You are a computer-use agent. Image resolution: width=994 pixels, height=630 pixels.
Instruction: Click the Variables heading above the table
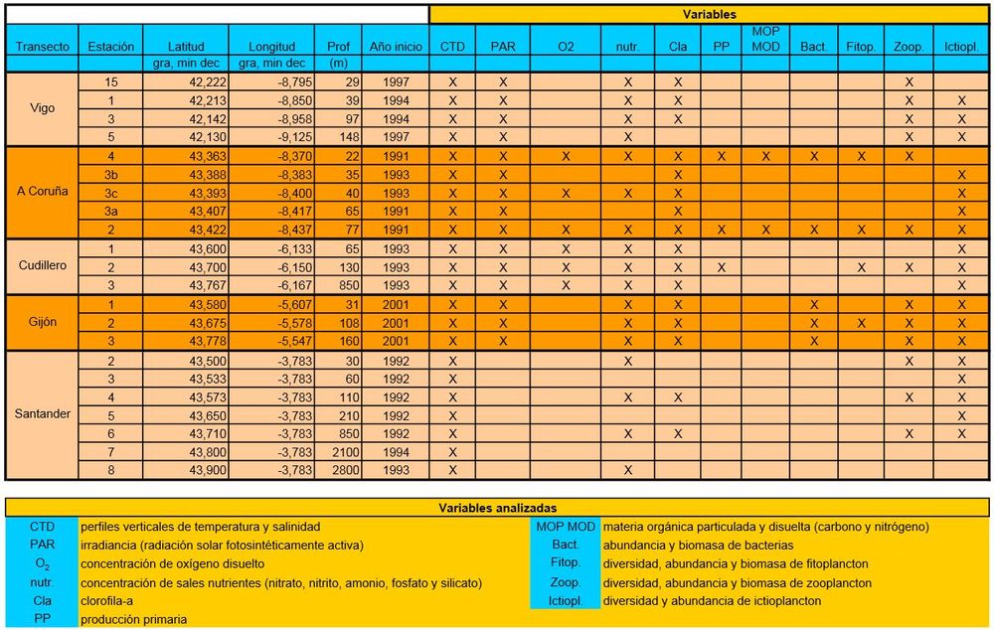click(x=709, y=15)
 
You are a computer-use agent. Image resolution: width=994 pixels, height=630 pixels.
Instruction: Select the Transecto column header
click(x=43, y=46)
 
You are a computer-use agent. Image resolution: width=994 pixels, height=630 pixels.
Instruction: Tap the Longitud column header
click(x=271, y=46)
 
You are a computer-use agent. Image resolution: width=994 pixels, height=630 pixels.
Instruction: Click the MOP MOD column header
click(x=765, y=39)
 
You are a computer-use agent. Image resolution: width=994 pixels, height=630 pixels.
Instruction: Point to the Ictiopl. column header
click(x=961, y=46)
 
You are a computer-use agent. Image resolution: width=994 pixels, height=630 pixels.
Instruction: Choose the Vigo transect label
click(x=43, y=109)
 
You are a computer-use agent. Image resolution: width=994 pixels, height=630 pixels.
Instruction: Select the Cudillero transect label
click(x=43, y=266)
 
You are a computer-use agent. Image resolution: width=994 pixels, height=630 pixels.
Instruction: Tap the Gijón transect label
click(x=43, y=322)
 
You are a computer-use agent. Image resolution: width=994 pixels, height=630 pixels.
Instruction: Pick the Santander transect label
click(x=43, y=414)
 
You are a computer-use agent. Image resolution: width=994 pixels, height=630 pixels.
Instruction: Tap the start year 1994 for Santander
click(x=395, y=451)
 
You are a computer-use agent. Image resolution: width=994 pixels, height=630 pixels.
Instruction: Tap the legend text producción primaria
click(x=133, y=619)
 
